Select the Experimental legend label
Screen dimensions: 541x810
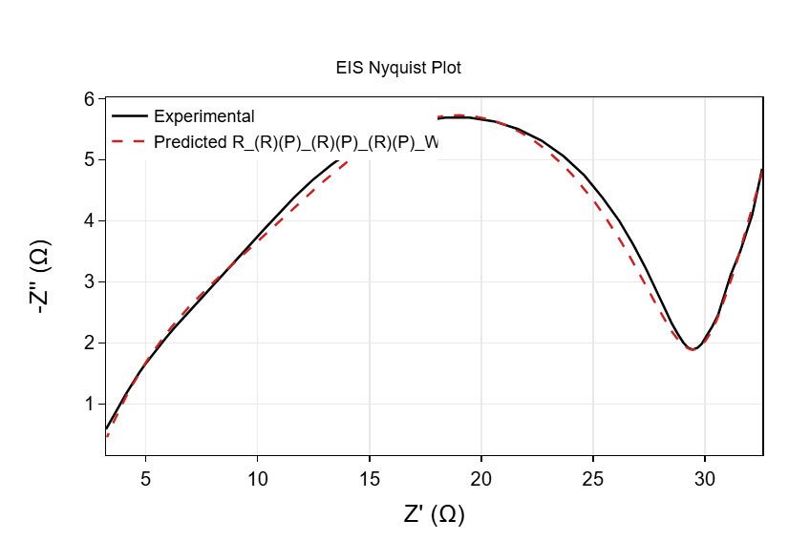click(203, 116)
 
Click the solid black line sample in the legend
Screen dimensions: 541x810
click(129, 116)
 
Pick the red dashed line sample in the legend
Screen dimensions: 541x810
click(129, 141)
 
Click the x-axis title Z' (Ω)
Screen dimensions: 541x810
click(434, 514)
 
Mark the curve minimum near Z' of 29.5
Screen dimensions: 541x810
click(693, 350)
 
